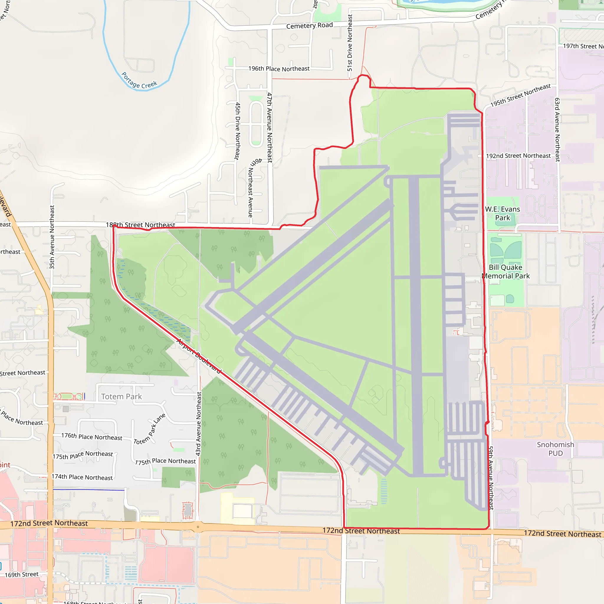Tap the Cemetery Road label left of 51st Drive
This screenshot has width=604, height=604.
309,26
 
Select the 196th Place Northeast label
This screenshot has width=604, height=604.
279,68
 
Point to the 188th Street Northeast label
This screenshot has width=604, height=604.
140,225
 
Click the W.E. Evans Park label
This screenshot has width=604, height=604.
502,214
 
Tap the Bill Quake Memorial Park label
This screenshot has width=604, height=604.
505,272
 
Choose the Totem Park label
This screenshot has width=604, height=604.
121,397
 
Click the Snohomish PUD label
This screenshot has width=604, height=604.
555,449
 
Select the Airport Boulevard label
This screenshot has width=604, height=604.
199,356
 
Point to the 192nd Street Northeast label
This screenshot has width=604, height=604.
518,156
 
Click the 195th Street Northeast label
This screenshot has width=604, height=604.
520,95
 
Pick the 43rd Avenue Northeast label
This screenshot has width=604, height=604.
198,424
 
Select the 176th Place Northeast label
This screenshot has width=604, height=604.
92,437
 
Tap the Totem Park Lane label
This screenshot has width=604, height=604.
150,429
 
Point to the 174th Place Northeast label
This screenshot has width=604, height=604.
82,477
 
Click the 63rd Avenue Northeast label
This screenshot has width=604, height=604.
557,130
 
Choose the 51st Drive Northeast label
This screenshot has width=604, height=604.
350,43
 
